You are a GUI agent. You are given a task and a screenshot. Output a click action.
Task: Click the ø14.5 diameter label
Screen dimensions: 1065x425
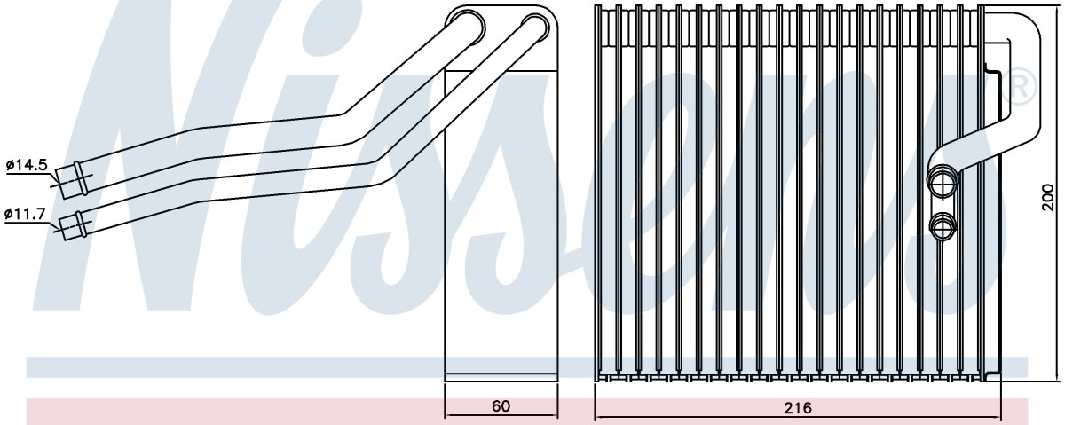coord(27,165)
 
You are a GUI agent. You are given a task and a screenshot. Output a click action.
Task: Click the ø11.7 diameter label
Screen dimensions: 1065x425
coord(25,214)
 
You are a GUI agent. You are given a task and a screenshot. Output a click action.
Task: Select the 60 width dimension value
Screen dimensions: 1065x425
coord(501,405)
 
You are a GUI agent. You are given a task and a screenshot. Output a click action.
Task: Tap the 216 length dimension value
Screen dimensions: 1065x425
coord(798,407)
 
